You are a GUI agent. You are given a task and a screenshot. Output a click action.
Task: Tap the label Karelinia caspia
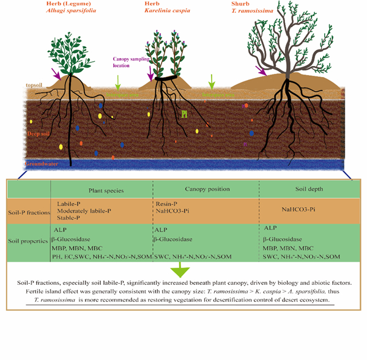pyautogui.click(x=167, y=11)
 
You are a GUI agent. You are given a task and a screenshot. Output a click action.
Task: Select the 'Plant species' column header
pyautogui.click(x=106, y=191)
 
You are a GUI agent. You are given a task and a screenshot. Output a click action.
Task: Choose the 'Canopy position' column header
pyautogui.click(x=206, y=189)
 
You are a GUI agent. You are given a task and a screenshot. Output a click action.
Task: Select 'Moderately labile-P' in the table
pyautogui.click(x=84, y=210)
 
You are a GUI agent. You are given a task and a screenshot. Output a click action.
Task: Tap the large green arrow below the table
pyautogui.click(x=183, y=270)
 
